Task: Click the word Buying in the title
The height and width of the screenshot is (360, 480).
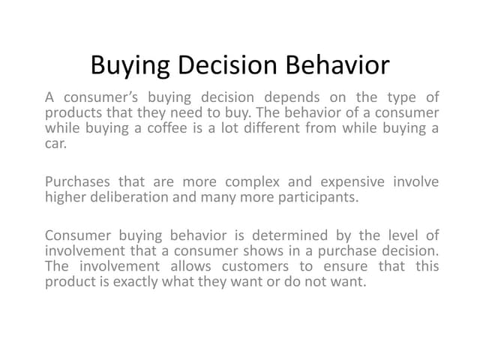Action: pos(132,65)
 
